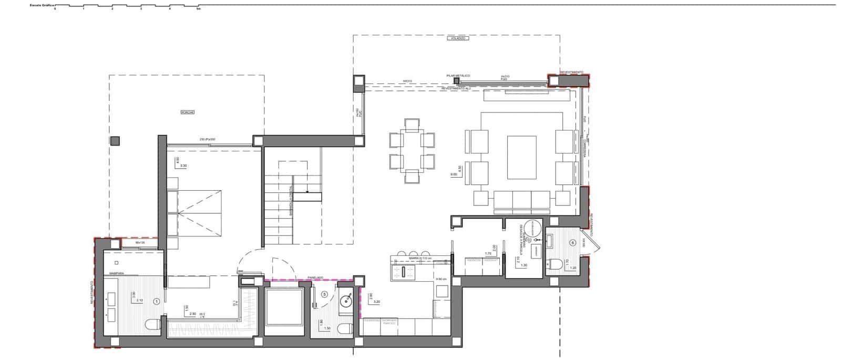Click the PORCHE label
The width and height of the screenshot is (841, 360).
pos(187,112)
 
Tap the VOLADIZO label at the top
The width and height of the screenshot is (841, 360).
pos(456,38)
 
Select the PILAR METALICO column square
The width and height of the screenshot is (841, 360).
pos(456,81)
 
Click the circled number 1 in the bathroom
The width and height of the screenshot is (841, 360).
pos(156,302)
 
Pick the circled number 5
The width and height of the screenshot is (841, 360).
pos(324,295)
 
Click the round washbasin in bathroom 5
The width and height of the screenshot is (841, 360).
pos(346,301)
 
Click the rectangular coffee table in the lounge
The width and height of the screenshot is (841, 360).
pos(521,158)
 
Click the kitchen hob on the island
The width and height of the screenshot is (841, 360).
pos(405,272)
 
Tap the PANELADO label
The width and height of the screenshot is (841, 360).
pos(315,277)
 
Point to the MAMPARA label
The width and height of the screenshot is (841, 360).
pos(116,274)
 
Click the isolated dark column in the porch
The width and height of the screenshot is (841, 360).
pos(115,141)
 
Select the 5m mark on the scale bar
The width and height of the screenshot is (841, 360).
pos(198,9)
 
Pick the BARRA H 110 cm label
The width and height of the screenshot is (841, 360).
pos(419,259)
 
